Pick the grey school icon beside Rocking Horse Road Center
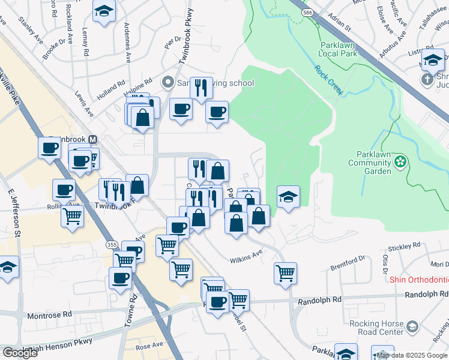pos(412,327)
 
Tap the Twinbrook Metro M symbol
pos(92,139)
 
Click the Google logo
pos(20,353)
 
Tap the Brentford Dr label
pos(348,259)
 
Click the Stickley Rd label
pos(404,245)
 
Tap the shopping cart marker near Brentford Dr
pos(286,273)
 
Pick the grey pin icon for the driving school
pos(169,82)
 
